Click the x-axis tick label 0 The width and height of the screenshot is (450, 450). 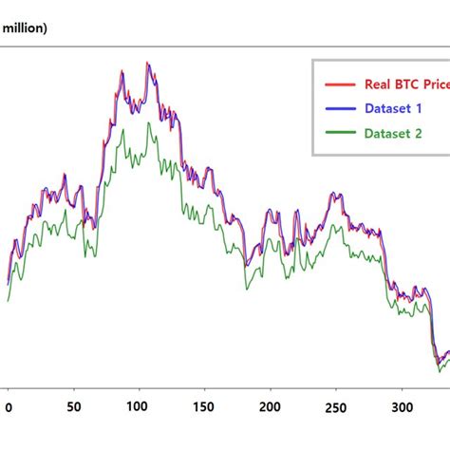point(9,408)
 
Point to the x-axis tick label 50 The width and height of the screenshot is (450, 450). point(74,408)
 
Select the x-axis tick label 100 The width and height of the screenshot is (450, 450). point(140,408)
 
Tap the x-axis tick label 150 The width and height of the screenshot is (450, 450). point(205,408)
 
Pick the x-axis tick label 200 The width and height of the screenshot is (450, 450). point(271,408)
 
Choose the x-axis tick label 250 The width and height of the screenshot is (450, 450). point(336,408)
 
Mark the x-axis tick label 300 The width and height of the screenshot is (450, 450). point(402,408)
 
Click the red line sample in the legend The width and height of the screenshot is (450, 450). point(339,84)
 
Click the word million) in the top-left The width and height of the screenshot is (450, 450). point(26,28)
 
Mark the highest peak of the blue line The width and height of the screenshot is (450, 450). point(148,64)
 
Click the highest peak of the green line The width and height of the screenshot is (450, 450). point(147,122)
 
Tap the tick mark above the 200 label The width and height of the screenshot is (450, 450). point(271,389)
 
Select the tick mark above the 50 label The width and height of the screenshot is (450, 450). point(74,389)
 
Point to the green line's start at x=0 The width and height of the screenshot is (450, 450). point(8,301)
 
